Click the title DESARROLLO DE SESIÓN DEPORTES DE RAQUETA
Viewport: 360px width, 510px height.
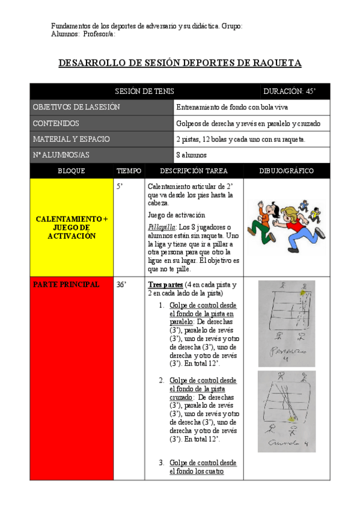pos(180,63)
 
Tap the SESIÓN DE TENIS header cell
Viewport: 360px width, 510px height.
pos(145,91)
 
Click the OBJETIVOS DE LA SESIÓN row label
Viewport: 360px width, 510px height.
pos(76,107)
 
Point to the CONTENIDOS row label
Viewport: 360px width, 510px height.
pos(56,123)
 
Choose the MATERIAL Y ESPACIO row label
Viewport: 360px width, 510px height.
pos(71,139)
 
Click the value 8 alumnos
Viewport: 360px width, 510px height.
pos(191,155)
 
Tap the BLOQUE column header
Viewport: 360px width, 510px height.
pos(72,171)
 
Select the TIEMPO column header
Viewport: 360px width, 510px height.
pos(129,171)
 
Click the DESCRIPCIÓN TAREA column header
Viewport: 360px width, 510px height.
pos(194,171)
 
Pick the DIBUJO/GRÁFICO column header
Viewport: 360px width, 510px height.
pos(286,171)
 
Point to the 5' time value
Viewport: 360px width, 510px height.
pos(120,187)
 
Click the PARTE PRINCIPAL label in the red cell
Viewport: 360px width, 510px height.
pos(66,284)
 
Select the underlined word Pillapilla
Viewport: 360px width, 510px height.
pos(161,227)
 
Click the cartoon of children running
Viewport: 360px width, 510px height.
pos(286,226)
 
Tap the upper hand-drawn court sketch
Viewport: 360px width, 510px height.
pos(286,323)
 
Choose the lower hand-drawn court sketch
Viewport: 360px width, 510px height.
pos(286,411)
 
